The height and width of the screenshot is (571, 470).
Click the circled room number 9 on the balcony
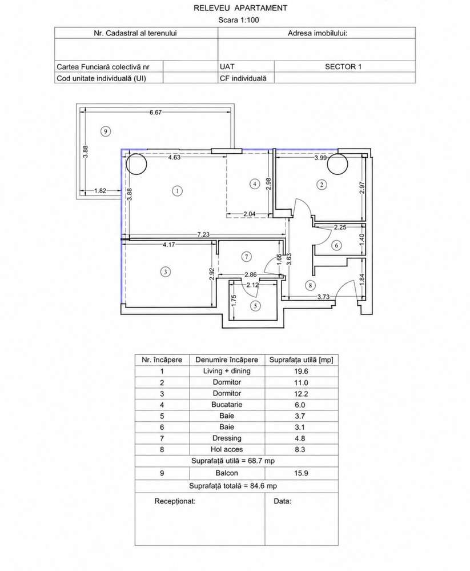point(106,131)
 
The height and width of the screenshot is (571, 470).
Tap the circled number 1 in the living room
point(177,190)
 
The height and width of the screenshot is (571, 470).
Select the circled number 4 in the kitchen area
point(255,184)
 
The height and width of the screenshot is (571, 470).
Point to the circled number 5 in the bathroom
point(255,306)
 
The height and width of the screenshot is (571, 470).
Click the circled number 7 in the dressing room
point(247,257)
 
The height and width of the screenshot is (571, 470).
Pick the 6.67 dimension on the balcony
point(155,113)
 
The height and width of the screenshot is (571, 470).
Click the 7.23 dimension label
point(203,234)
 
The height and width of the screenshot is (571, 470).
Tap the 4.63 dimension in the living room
point(174,157)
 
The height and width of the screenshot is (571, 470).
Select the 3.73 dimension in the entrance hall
point(323,297)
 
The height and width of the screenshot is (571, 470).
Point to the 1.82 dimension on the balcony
point(100,190)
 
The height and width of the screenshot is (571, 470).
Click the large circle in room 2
point(337,163)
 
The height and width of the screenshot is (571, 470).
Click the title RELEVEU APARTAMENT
point(240,8)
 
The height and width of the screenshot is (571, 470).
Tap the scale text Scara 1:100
point(239,20)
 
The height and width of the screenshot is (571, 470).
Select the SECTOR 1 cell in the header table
point(343,67)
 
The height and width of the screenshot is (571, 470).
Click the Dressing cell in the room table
point(227,438)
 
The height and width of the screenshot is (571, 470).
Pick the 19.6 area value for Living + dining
point(301,372)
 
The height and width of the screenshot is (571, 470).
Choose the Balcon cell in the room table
point(227,473)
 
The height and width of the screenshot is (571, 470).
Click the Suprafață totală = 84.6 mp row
point(233,486)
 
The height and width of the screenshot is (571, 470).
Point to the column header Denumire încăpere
point(227,360)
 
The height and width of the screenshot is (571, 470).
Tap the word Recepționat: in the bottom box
point(175,501)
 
